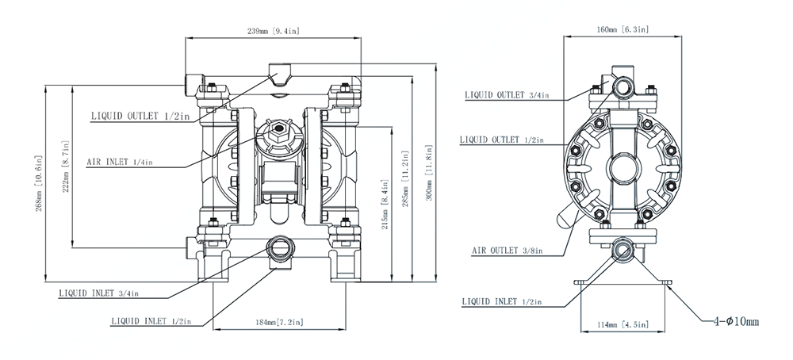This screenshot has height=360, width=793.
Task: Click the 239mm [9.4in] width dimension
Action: point(273,32)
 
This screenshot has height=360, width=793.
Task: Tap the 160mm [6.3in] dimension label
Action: point(623,30)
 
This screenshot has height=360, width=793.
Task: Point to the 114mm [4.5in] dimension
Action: point(623,324)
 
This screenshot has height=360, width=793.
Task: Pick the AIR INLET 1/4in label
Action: point(119,162)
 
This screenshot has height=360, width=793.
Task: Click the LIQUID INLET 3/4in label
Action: point(99,293)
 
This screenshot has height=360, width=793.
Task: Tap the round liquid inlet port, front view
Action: point(279,247)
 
